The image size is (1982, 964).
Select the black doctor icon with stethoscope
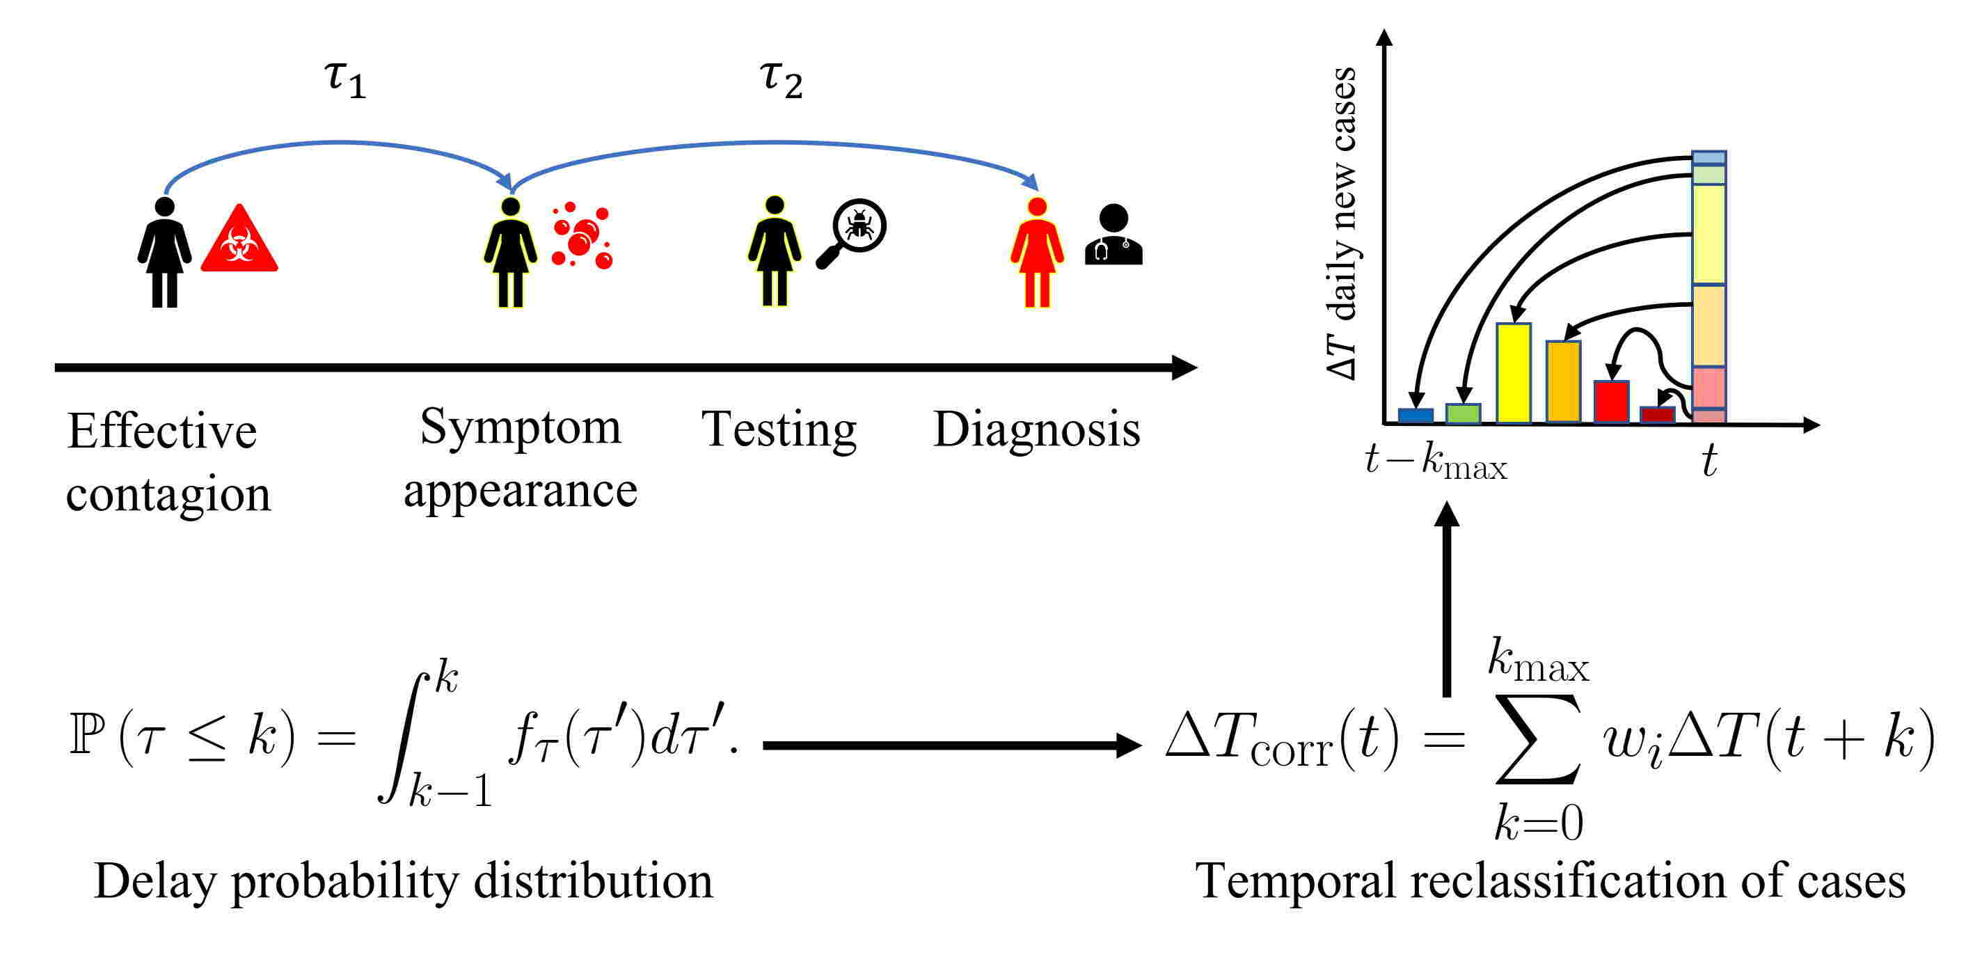1113,235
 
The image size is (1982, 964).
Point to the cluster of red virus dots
582,235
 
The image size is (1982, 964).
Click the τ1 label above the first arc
344,79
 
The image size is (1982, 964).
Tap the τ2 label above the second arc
780,79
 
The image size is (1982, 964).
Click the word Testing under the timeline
779,429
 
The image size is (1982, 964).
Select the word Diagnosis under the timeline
1036,429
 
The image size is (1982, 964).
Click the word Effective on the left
161,431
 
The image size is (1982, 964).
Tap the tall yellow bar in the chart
1513,373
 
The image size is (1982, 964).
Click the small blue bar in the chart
1415,416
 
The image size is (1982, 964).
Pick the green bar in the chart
1463,414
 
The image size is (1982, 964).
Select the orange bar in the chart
1562,382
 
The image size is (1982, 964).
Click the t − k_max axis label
1436,461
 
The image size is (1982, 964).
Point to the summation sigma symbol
1537,740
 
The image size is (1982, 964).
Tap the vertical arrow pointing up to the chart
1447,600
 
